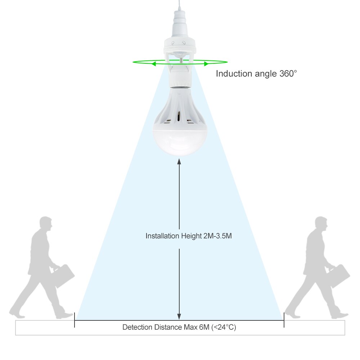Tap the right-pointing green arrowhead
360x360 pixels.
(x=206, y=64)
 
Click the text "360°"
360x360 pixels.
(x=288, y=73)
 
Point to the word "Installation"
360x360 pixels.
(x=162, y=236)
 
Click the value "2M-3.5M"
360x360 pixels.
(x=217, y=236)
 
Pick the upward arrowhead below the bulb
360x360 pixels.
(x=179, y=161)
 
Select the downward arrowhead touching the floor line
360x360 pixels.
(x=179, y=316)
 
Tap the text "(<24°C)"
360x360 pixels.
(x=224, y=327)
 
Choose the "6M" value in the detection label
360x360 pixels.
(x=204, y=327)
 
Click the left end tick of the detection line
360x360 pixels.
(x=75, y=320)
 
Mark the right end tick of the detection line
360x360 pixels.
(x=284, y=320)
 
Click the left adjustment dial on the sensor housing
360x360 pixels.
(x=173, y=43)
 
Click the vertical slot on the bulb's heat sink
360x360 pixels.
(x=179, y=116)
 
